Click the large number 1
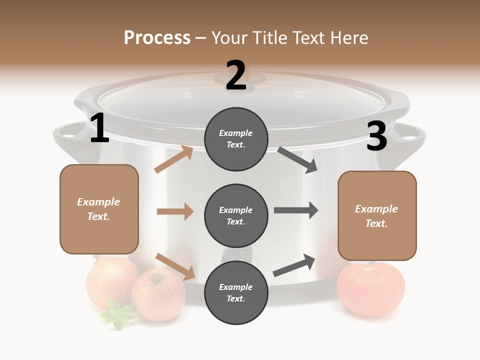[99, 128]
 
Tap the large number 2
[236, 75]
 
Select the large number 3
[376, 136]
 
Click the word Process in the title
[157, 37]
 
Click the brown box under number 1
[99, 209]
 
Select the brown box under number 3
[377, 215]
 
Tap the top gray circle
[236, 139]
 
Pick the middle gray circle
[236, 215]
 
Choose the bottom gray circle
[236, 292]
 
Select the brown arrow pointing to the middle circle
[175, 211]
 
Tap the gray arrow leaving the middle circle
[296, 210]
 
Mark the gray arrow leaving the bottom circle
[294, 265]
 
